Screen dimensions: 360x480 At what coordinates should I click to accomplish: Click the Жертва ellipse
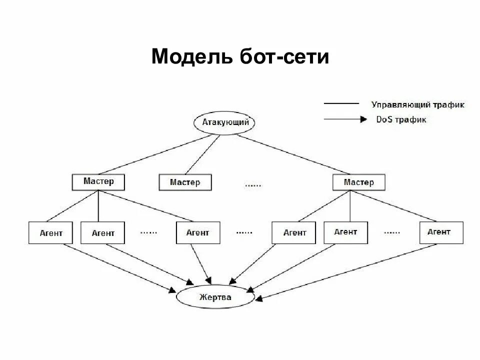coord(216,297)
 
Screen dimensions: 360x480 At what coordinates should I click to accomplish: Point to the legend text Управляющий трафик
coord(418,105)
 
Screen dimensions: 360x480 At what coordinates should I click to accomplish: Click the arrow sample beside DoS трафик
coord(342,119)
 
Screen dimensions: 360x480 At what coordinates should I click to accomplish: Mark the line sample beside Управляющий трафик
coord(341,103)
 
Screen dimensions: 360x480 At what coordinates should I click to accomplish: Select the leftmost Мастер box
coord(98,182)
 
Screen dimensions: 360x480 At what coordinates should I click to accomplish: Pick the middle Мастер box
coord(185,182)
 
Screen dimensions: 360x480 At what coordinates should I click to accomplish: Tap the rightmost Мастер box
coord(359,182)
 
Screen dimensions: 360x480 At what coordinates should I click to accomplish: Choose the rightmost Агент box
coord(441,232)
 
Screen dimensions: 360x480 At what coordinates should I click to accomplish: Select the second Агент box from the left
coord(102,233)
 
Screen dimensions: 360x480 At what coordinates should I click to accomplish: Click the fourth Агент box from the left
coord(294,232)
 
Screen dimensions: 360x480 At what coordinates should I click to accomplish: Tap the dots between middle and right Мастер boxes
coord(253,185)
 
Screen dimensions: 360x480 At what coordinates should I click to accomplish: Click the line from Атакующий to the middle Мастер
coord(202,154)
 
